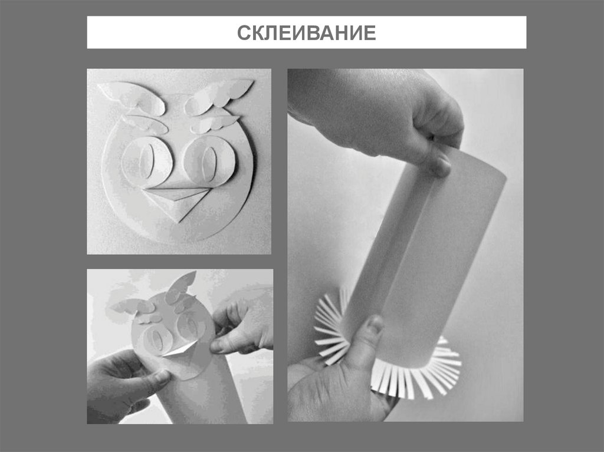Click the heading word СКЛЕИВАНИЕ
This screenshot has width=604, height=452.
(306, 32)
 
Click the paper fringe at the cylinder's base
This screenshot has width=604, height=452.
(413, 377)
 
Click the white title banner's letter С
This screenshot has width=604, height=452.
(243, 33)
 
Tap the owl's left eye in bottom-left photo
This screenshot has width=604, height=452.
(155, 339)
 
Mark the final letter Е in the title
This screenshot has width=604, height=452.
(369, 33)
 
